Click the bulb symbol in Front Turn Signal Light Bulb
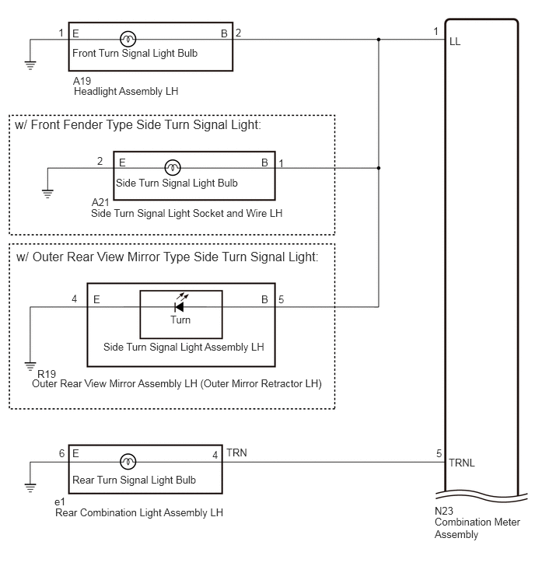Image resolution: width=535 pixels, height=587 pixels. point(128,39)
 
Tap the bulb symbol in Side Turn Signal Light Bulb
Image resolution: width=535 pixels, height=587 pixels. point(173,167)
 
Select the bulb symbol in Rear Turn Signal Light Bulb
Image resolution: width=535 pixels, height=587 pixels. point(128,462)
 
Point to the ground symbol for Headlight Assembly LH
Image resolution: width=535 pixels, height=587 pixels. point(30,65)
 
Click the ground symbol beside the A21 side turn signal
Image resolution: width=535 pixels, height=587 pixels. point(47,194)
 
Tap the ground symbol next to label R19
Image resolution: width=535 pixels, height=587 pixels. point(30,366)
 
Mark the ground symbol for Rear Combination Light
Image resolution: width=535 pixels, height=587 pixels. point(30,487)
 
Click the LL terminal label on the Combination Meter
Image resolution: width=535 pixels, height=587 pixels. point(455,41)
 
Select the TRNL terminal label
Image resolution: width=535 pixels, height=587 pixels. point(462,463)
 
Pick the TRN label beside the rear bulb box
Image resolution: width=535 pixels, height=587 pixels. point(236,453)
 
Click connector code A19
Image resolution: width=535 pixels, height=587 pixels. point(82,81)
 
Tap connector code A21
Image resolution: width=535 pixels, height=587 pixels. point(100,202)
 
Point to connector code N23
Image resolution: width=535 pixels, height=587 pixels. point(444,511)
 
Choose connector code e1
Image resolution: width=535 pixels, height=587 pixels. point(60,501)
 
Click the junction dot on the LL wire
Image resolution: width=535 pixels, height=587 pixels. point(379,40)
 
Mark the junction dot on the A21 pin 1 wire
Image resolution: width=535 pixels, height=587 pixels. point(379,168)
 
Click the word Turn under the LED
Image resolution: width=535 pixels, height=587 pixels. point(180,320)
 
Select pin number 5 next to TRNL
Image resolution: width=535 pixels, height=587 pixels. point(439,454)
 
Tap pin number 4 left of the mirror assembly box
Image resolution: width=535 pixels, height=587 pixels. point(75,299)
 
